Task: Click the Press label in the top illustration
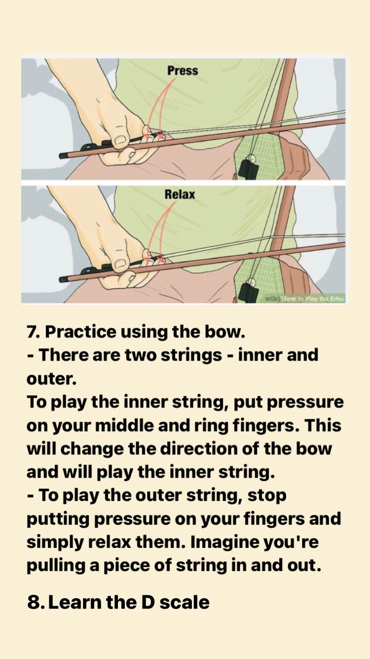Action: click(x=182, y=70)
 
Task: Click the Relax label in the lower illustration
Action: click(x=180, y=195)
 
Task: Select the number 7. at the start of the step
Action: click(x=33, y=332)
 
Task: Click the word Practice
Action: click(x=80, y=332)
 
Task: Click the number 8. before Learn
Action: click(x=36, y=602)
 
